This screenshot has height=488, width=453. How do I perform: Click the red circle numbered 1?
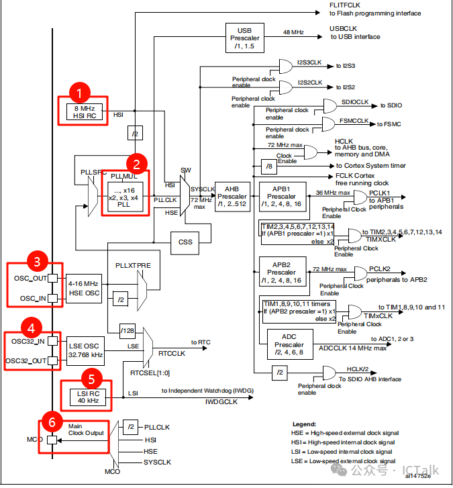pyautogui.click(x=80, y=93)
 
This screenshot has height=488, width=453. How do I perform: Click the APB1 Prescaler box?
pyautogui.click(x=281, y=195)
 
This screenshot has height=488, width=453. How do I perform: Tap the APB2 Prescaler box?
pyautogui.click(x=281, y=272)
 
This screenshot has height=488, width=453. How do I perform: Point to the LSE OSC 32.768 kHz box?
pyautogui.click(x=85, y=349)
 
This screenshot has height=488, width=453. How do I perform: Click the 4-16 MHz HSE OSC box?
pyautogui.click(x=84, y=289)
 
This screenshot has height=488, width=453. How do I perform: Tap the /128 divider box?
pyautogui.click(x=127, y=330)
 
